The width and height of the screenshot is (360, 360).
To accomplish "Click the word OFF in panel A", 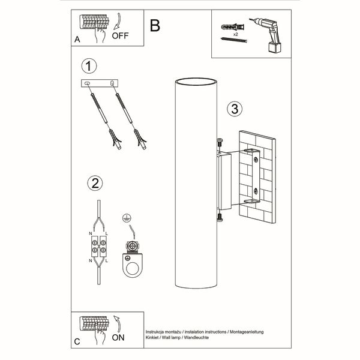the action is pyautogui.click(x=120, y=36).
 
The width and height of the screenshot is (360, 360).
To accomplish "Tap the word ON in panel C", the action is pyautogui.click(x=118, y=337).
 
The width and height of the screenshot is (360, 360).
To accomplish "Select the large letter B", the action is pyautogui.click(x=155, y=25).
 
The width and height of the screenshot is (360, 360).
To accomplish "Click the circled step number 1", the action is pyautogui.click(x=89, y=66).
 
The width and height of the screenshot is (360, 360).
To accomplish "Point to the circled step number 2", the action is pyautogui.click(x=95, y=183).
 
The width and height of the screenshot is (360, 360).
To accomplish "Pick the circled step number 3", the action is pyautogui.click(x=235, y=109).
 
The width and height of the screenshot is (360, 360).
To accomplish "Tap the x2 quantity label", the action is pyautogui.click(x=236, y=34).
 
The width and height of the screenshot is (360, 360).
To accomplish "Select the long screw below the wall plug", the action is pyautogui.click(x=234, y=40).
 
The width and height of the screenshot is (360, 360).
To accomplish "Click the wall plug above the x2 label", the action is pyautogui.click(x=233, y=27).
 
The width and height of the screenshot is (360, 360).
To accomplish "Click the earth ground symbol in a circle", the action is pyautogui.click(x=127, y=218).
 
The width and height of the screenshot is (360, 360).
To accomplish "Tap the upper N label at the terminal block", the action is pyautogui.click(x=91, y=233).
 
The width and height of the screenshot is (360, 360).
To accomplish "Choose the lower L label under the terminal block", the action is pyautogui.click(x=107, y=261).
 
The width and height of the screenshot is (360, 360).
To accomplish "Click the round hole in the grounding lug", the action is pyautogui.click(x=133, y=268).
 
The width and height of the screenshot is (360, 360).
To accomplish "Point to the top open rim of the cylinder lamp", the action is pyautogui.click(x=196, y=82).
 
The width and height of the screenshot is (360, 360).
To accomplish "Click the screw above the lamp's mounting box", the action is pyautogui.click(x=220, y=143).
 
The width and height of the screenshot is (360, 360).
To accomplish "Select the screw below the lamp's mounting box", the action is pyautogui.click(x=220, y=217).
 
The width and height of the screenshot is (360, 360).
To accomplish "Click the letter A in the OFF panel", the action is pyautogui.click(x=77, y=39).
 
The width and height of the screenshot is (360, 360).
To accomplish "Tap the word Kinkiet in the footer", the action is pyautogui.click(x=152, y=337).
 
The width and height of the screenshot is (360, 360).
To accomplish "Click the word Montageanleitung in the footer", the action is pyautogui.click(x=247, y=332).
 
